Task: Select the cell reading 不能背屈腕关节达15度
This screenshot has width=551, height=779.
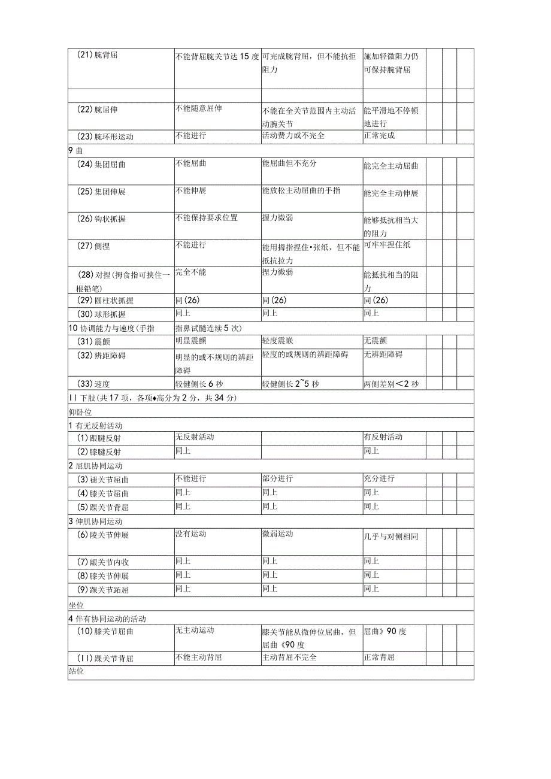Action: click(x=217, y=57)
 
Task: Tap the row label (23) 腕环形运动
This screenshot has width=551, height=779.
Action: click(x=105, y=137)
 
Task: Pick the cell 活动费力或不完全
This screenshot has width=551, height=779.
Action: click(x=293, y=135)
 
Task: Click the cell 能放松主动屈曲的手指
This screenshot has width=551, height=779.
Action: click(x=301, y=190)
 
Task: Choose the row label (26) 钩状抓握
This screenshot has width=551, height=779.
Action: click(x=102, y=219)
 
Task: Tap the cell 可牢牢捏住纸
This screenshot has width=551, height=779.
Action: click(x=387, y=244)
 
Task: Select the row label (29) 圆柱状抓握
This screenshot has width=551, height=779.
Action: click(x=105, y=301)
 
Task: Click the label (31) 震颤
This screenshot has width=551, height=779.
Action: click(x=94, y=342)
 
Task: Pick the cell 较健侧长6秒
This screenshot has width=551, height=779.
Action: click(x=199, y=384)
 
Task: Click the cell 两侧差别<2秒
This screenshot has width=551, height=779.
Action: click(x=391, y=384)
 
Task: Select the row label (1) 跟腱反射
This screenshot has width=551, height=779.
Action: click(x=99, y=438)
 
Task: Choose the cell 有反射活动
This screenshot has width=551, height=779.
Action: click(x=383, y=437)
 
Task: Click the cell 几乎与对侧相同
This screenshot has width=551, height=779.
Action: click(x=391, y=536)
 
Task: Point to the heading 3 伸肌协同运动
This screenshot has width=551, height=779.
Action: click(x=95, y=521)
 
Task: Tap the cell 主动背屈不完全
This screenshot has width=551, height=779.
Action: click(x=289, y=657)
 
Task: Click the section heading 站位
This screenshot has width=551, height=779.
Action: click(x=76, y=672)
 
